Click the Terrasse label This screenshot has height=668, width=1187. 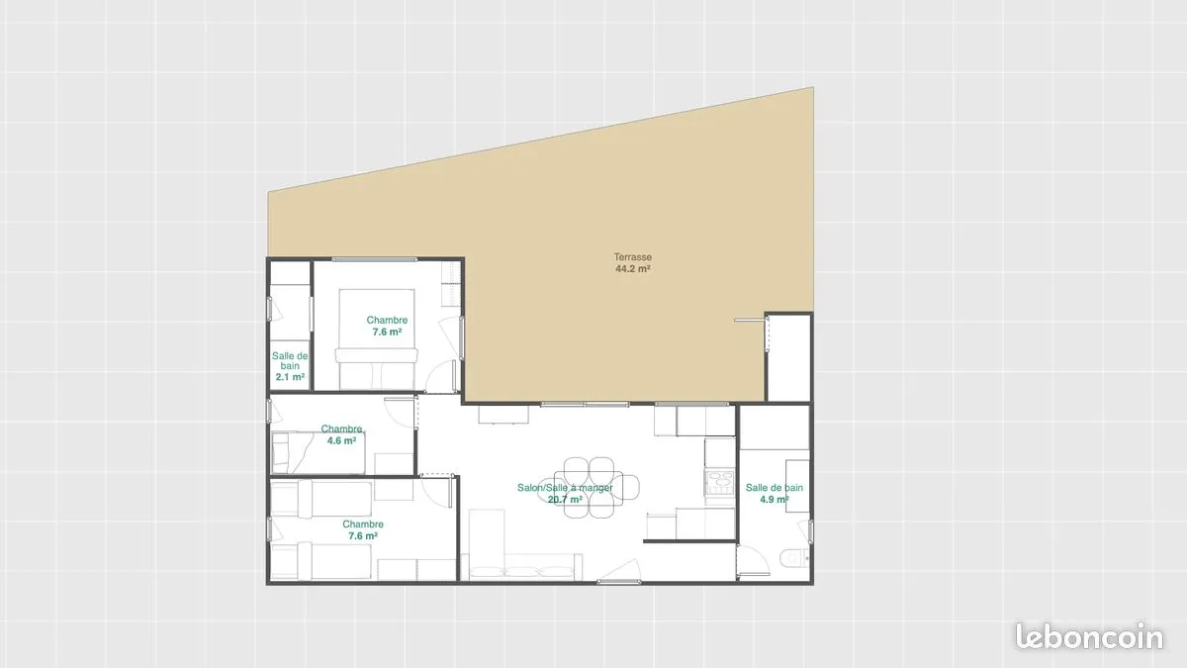tap(633, 257)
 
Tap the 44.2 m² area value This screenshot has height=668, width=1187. tap(633, 269)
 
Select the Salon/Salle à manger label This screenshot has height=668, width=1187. tap(565, 488)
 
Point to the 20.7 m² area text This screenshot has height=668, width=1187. tap(565, 500)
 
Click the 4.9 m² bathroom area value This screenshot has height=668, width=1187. tap(775, 500)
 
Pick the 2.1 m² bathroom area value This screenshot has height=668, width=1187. tap(290, 377)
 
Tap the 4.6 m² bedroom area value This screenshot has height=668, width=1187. tap(341, 440)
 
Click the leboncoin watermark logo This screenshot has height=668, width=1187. tap(1089, 636)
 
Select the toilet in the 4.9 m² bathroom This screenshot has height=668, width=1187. tap(795, 558)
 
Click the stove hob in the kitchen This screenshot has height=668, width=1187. tap(719, 482)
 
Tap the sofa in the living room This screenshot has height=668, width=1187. tap(521, 567)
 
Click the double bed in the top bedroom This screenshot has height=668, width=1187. tap(377, 338)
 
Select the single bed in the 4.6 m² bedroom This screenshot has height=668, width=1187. tap(318, 453)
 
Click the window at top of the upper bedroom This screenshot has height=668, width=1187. tap(374, 259)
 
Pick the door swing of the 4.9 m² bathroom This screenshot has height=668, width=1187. tap(753, 559)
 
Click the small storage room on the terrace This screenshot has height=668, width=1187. tap(788, 358)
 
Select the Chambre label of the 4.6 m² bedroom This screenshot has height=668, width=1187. tap(341, 429)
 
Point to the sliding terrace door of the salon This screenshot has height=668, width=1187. tap(585, 405)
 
